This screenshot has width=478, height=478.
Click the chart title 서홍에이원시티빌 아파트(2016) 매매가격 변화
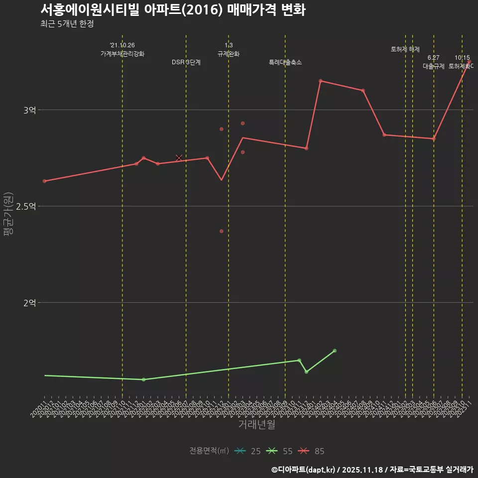coord(173,10)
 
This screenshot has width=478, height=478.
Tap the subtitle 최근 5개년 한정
coord(67,24)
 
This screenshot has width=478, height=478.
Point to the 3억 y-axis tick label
coord(30,110)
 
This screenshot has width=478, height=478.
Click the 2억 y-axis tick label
coord(30,303)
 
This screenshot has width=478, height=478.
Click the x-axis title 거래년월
coord(256,425)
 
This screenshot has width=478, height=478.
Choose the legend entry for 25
coord(247,451)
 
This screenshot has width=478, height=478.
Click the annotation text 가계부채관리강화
coord(122,54)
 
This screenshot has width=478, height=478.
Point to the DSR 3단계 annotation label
coord(186,63)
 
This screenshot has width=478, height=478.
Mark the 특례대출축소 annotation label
coord(285,63)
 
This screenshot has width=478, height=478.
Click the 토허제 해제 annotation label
coord(405,49)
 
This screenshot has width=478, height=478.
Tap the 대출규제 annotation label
coord(434,66)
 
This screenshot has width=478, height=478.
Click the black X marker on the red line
coord(179,158)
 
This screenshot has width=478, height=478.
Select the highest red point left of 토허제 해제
coord(321,81)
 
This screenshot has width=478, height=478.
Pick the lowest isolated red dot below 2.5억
coord(222,231)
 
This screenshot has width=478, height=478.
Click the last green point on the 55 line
coord(335,351)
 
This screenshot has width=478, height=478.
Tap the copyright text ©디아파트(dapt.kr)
coord(304,470)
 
